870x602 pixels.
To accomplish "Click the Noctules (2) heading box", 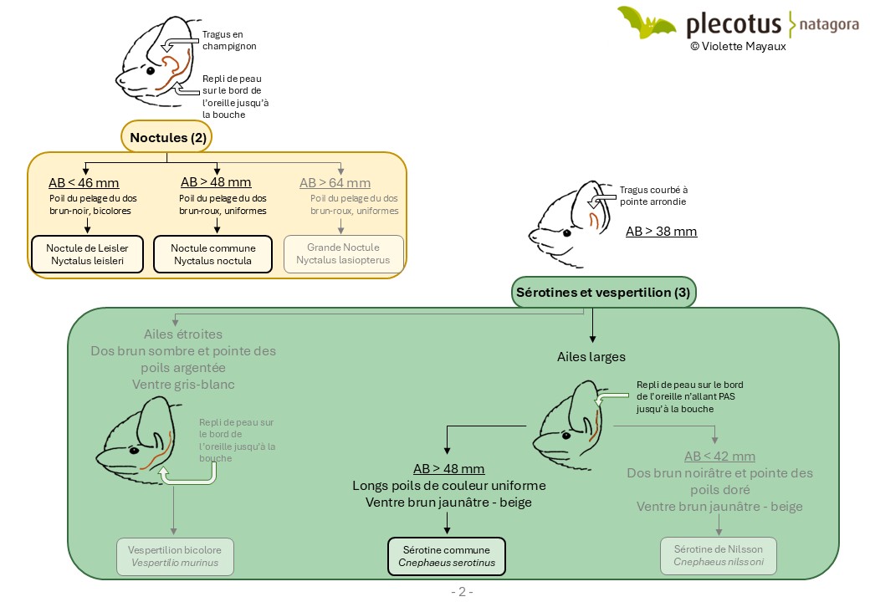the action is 167,137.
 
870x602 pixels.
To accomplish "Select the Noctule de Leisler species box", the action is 87,254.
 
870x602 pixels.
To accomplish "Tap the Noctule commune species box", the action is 212,254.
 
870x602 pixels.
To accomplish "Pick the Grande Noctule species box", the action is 344,254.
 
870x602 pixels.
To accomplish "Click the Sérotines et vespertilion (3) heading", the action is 603,292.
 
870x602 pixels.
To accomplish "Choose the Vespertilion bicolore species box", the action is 175,557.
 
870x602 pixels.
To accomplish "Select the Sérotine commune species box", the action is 447,557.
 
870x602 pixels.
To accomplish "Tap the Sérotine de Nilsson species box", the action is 719,555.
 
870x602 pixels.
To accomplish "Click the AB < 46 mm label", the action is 84,182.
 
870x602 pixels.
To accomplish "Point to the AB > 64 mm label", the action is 335,183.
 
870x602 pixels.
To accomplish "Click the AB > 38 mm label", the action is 662,231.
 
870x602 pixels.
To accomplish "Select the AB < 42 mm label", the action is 719,457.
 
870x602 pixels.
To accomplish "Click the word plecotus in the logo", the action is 734,24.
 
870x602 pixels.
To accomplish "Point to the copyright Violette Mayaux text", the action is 738,47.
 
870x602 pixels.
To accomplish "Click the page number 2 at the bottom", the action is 462,592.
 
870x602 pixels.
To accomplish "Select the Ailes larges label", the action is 591,357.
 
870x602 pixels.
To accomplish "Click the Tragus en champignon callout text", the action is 229,40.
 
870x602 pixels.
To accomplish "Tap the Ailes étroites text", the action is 183,334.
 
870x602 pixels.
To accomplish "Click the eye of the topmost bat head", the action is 151,70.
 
